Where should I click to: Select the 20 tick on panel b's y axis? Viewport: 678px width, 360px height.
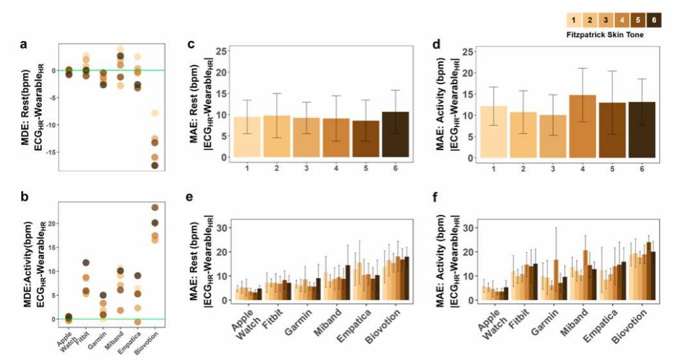tap(52, 222)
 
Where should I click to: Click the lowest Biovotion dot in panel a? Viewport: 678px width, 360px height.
tap(154, 165)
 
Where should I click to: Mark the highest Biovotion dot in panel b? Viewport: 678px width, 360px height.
tap(155, 208)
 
